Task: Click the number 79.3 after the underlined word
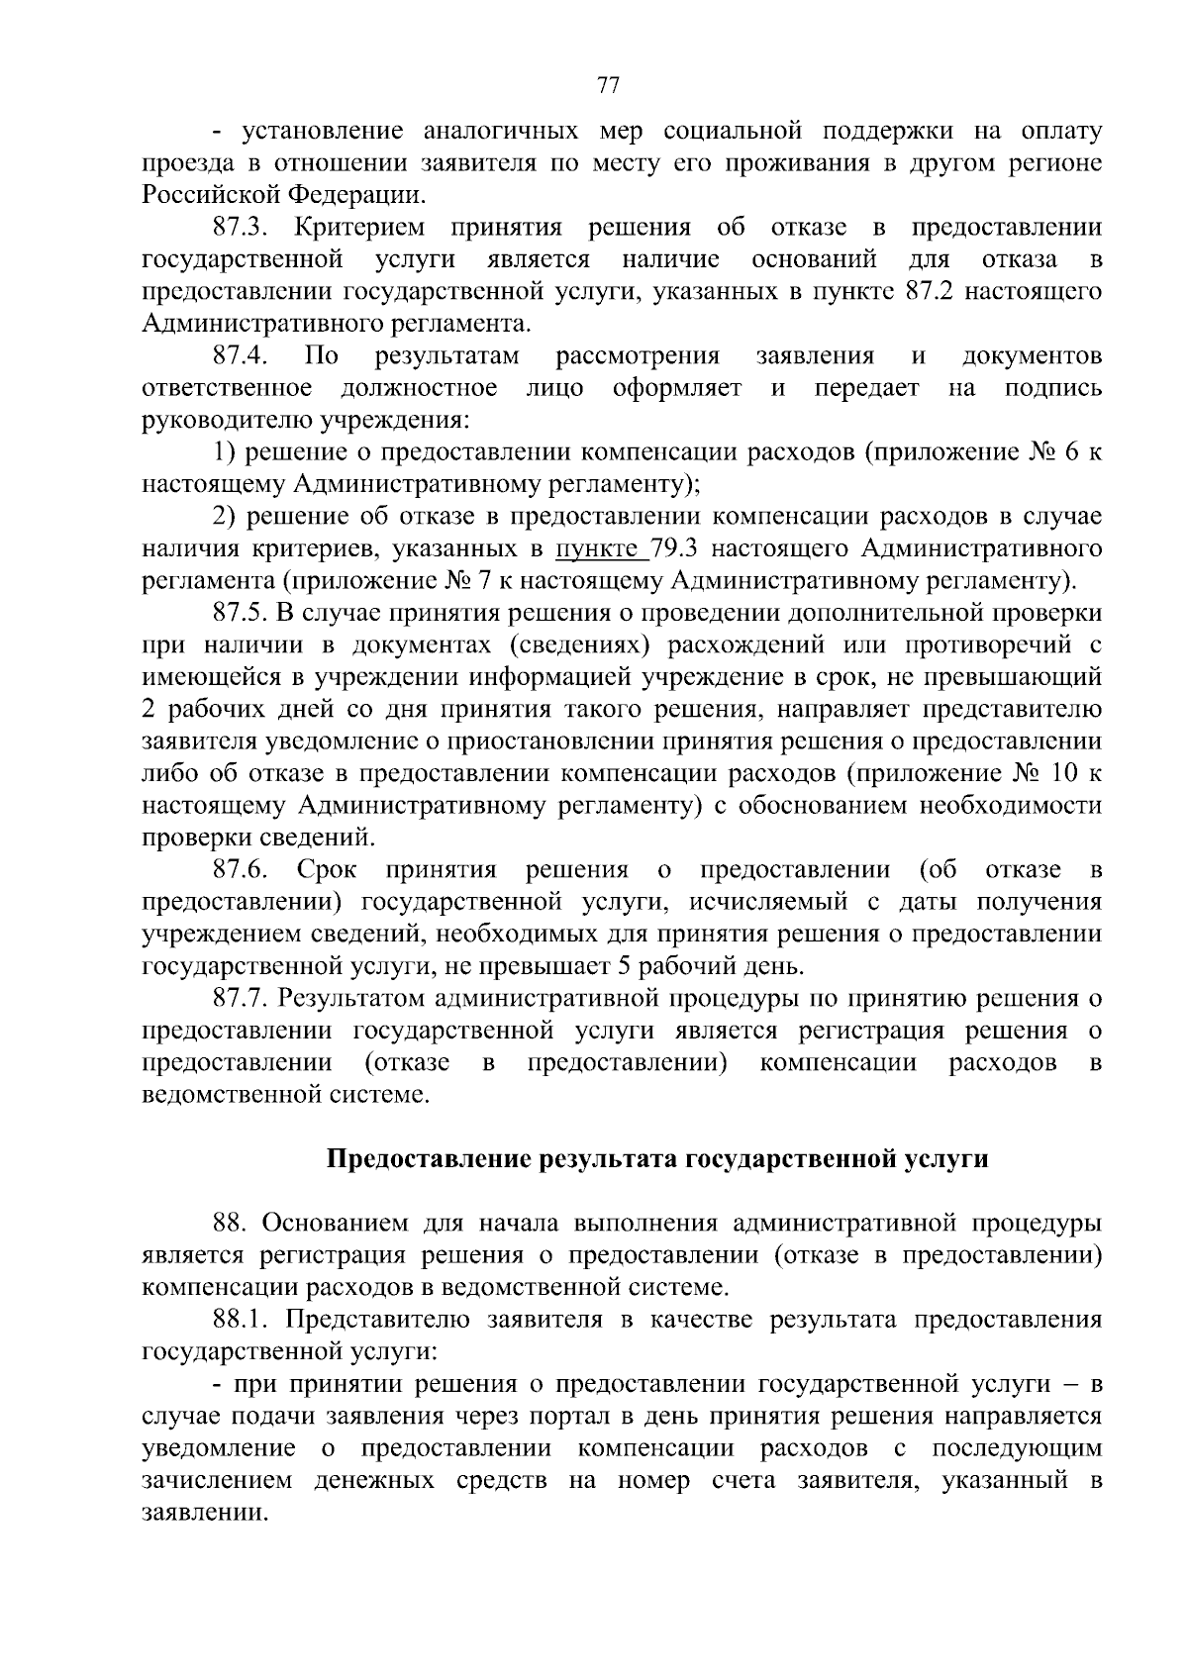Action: pos(678,548)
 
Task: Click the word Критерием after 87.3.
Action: pos(359,228)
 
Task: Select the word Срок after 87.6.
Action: pos(327,870)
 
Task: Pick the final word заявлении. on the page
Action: pos(205,1514)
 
